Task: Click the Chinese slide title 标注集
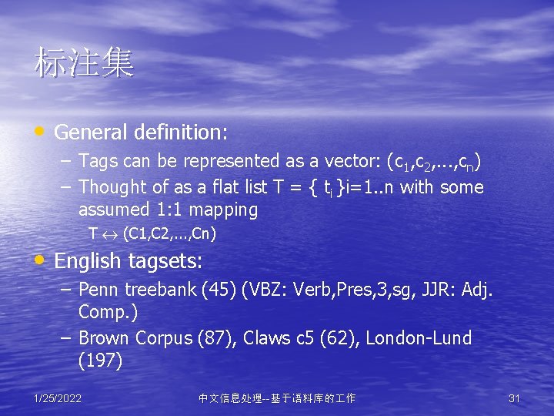84,64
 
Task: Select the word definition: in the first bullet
180,133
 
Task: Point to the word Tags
97,162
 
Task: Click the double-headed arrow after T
110,233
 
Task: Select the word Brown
105,338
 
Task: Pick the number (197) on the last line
100,361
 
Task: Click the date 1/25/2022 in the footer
58,398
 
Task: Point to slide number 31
515,398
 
